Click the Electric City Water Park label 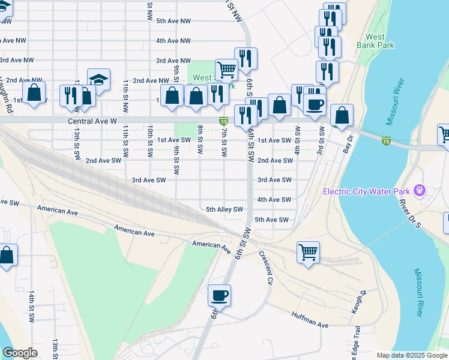366,192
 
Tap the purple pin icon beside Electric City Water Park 419,192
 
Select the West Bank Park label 375,40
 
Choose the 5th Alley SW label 224,209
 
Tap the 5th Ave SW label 271,220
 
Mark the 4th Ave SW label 274,199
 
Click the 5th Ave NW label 173,21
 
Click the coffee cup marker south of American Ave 219,295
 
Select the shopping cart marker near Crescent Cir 308,251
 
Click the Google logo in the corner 19,353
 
